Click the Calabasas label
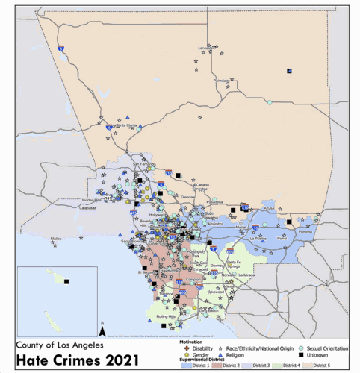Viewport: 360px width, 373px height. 88,208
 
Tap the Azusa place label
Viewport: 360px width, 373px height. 270,209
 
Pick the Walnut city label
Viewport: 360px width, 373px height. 282,239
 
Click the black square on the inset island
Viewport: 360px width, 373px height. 66,281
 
